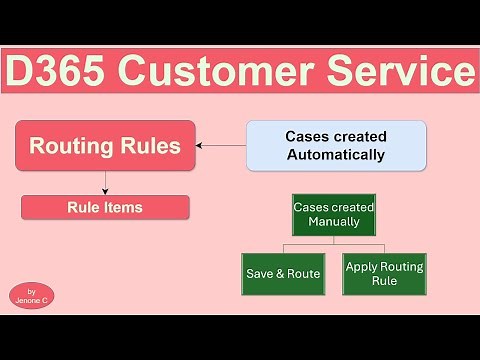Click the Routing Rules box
click(105, 146)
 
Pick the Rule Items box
click(105, 208)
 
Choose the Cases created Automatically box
click(336, 145)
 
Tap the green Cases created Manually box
click(334, 214)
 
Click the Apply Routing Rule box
click(384, 273)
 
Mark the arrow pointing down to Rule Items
click(105, 183)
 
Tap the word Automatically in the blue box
click(336, 155)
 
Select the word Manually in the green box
click(334, 222)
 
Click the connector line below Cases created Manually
click(334, 244)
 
